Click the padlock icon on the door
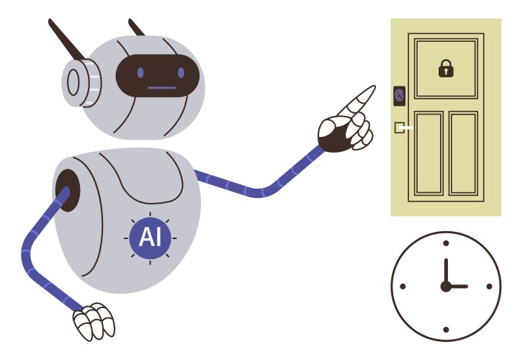coord(447,69)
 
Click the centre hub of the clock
coord(446,287)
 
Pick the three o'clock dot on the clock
coord(490,287)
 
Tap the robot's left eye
coord(140,73)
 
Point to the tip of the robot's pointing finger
coord(372,89)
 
